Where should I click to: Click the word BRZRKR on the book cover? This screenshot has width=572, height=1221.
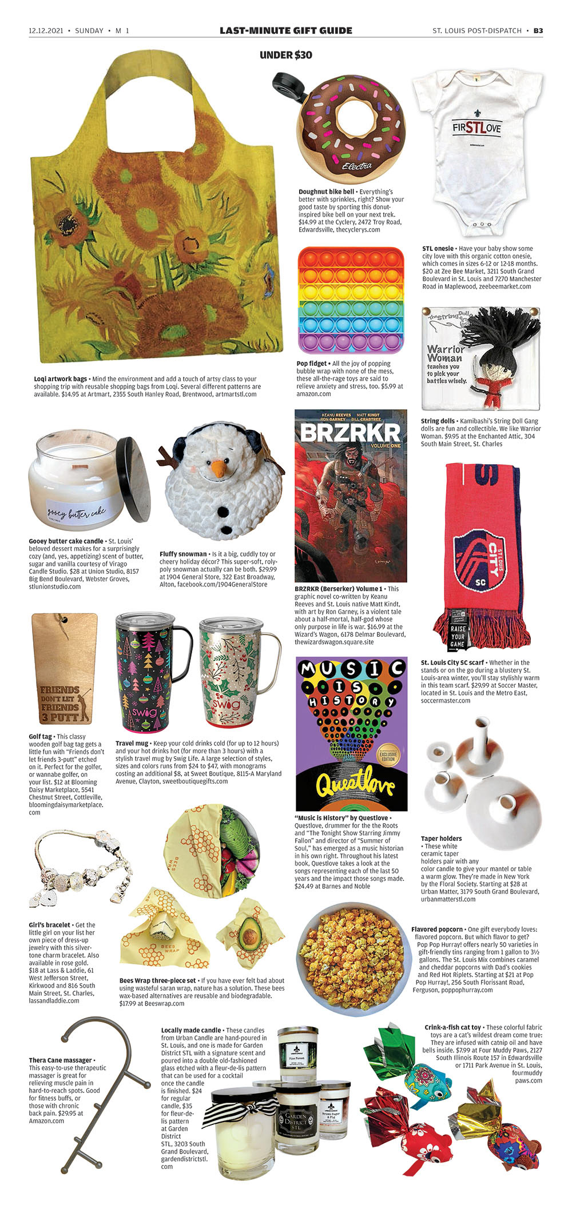350,433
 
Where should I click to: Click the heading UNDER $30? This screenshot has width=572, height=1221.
286,55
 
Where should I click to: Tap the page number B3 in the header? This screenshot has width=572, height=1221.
538,30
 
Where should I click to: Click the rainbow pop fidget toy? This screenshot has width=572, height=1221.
351,300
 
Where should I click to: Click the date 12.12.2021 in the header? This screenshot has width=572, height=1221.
46,30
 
